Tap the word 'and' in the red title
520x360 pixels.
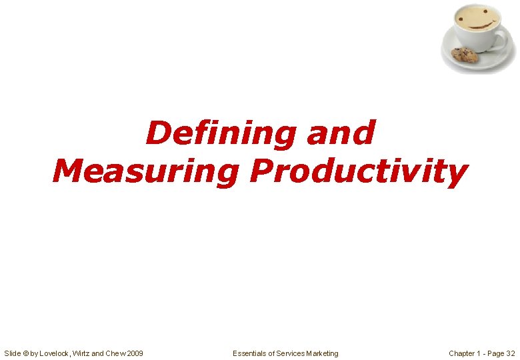[x=341, y=133]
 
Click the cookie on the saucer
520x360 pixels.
[x=465, y=55]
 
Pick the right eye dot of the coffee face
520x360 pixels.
[x=485, y=11]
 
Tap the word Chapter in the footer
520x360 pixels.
[x=462, y=353]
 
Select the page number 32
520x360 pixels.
[x=511, y=353]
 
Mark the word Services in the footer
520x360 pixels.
[x=290, y=353]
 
